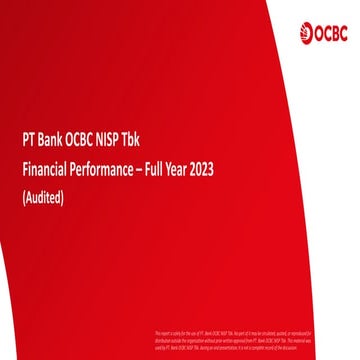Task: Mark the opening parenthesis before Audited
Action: tap(23, 197)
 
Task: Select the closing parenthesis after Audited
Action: tap(64, 197)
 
